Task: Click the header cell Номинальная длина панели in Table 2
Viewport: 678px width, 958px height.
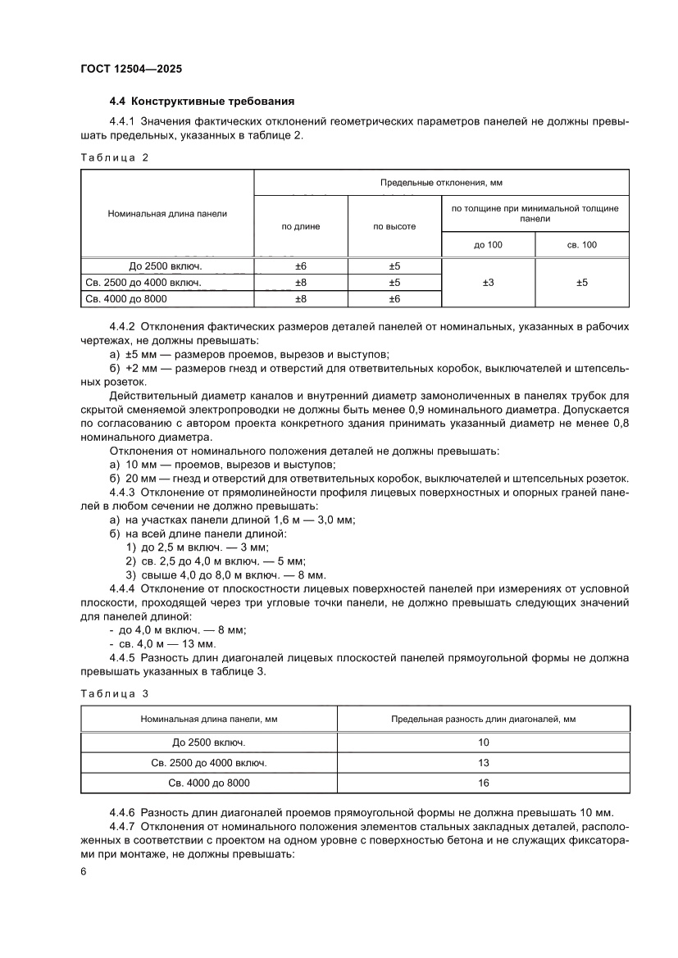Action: pyautogui.click(x=167, y=213)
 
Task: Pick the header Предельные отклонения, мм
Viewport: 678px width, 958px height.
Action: pyautogui.click(x=441, y=182)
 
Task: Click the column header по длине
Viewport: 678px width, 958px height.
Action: pyautogui.click(x=301, y=226)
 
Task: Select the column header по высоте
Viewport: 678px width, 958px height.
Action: pyautogui.click(x=394, y=226)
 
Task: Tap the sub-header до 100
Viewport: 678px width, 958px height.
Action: pyautogui.click(x=488, y=245)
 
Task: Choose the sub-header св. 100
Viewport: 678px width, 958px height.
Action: pyautogui.click(x=581, y=245)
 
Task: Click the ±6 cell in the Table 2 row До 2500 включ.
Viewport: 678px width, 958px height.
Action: pyautogui.click(x=301, y=266)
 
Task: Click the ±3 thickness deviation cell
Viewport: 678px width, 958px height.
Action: pyautogui.click(x=488, y=283)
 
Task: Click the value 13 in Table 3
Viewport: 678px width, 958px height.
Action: pyautogui.click(x=483, y=763)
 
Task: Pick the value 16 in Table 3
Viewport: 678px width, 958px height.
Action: pyautogui.click(x=483, y=783)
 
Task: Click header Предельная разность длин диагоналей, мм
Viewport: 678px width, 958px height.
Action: pyautogui.click(x=483, y=719)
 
